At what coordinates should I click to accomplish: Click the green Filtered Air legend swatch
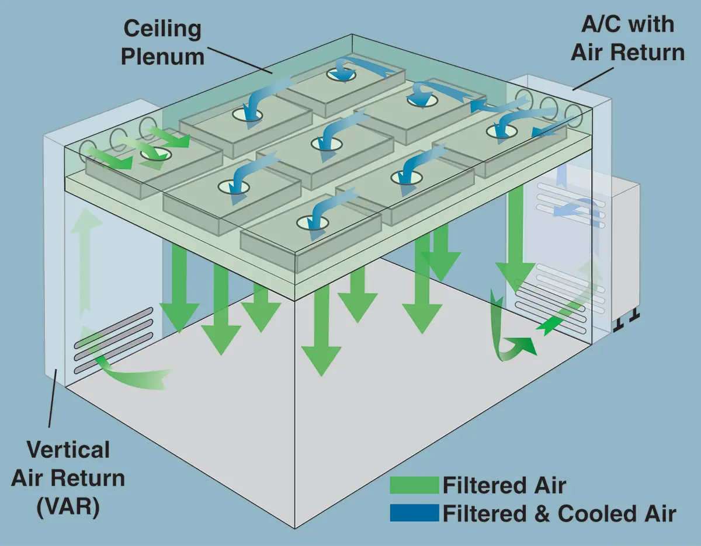point(414,485)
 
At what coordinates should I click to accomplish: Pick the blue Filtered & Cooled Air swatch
point(414,513)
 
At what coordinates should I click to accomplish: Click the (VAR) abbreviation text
point(68,506)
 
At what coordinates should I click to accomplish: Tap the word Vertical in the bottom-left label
point(68,450)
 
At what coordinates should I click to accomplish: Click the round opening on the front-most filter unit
point(310,222)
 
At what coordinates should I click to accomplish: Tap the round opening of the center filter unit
point(325,143)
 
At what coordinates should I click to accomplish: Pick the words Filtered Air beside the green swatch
point(504,485)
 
